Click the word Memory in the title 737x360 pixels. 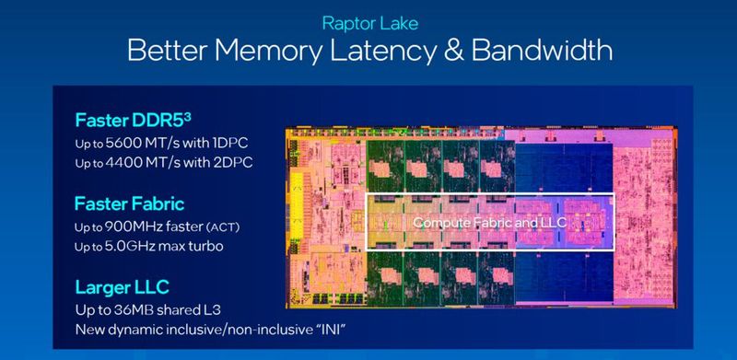pyautogui.click(x=277, y=51)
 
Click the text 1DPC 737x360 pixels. pyautogui.click(x=228, y=144)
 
